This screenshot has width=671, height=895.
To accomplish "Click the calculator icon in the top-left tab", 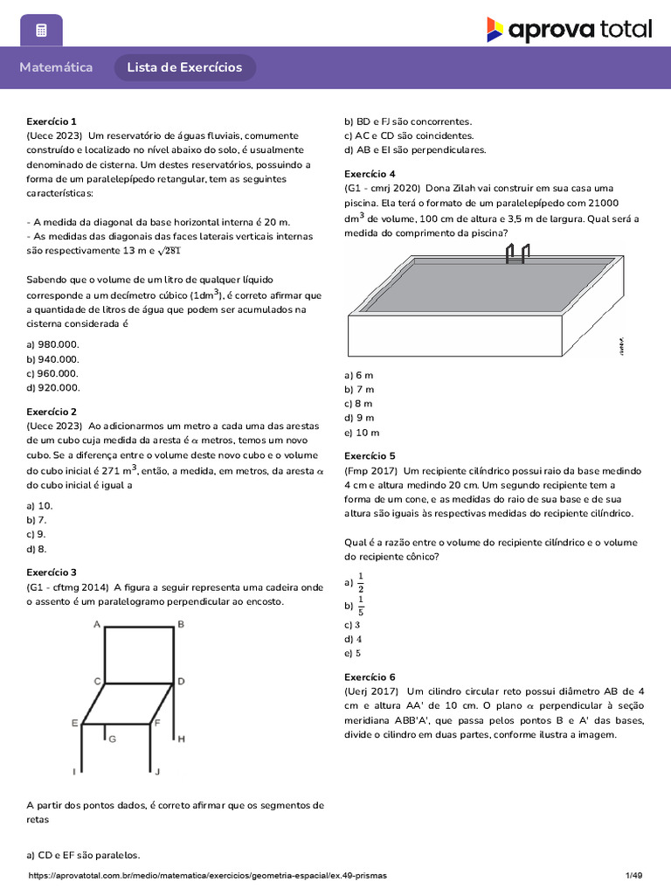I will (x=41, y=31).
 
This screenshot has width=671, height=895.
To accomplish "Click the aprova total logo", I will (x=569, y=30).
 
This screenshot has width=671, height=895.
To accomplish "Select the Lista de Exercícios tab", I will (x=184, y=67).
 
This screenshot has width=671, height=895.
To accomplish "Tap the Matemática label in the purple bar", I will (x=56, y=67).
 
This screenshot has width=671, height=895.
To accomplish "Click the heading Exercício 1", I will (x=52, y=121).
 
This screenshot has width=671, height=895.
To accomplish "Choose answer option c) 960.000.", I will (x=53, y=373).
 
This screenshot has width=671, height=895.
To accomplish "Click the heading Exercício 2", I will (x=52, y=412).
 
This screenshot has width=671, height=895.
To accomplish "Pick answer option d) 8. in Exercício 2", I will (x=37, y=549).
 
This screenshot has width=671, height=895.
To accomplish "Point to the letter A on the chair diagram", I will (x=97, y=624).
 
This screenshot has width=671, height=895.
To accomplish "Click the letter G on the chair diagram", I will (x=112, y=739).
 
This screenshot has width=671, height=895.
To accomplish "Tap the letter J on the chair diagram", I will (x=157, y=772).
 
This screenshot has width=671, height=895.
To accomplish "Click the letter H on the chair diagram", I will (x=181, y=739).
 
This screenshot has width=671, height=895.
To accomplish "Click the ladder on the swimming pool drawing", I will (x=515, y=253).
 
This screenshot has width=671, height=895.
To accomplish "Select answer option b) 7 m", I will (x=359, y=389).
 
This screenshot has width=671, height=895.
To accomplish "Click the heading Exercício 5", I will (x=370, y=455).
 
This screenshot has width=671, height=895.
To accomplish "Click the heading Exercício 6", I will (x=370, y=676).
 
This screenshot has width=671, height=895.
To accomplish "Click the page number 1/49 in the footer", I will (x=633, y=875).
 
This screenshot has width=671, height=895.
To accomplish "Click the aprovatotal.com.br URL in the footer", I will (x=207, y=875).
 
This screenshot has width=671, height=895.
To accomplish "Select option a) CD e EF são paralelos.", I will (x=83, y=856).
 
